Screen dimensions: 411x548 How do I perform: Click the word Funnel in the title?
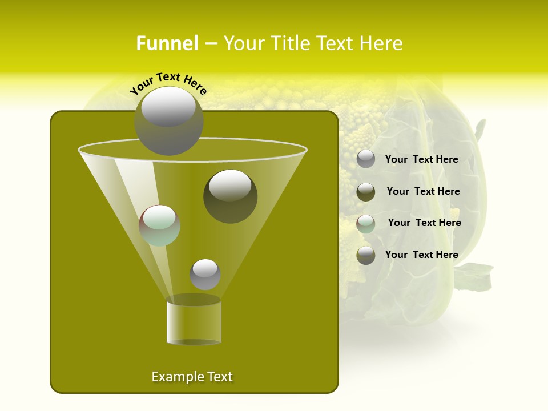tap(167, 43)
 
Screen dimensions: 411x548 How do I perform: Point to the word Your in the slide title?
tap(242, 43)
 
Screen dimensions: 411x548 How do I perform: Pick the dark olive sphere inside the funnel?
tap(230, 196)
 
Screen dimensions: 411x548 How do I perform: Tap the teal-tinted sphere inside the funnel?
tap(160, 225)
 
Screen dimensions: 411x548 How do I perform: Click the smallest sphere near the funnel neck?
tap(205, 275)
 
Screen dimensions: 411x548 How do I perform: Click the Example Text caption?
tap(192, 377)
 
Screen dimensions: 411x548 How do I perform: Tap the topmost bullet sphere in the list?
tap(366, 159)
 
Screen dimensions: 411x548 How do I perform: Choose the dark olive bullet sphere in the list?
tap(366, 192)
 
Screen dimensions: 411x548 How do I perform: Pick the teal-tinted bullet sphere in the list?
tap(366, 224)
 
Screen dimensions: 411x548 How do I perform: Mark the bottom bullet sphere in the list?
tap(366, 255)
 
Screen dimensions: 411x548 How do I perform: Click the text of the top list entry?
tap(421, 160)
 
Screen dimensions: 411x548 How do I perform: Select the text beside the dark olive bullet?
tap(423, 191)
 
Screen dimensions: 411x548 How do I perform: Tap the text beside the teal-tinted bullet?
tap(424, 223)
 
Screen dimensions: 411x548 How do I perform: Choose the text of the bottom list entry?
tap(421, 255)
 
